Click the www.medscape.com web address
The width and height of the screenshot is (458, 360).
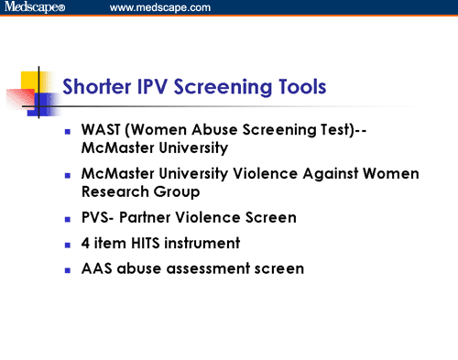click(x=159, y=7)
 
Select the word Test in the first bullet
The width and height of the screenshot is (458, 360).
click(x=318, y=130)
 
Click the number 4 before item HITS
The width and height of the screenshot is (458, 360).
click(x=97, y=245)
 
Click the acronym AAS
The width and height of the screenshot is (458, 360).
click(x=109, y=269)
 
